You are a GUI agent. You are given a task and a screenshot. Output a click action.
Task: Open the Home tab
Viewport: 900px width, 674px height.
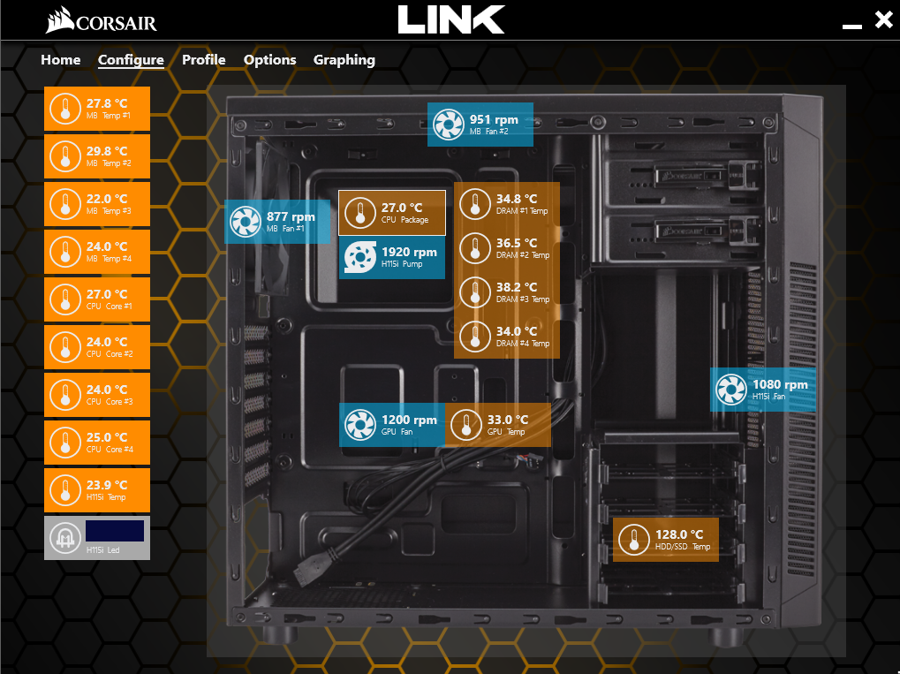[60, 60]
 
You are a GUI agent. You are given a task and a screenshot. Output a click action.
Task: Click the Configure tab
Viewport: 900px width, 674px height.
[131, 60]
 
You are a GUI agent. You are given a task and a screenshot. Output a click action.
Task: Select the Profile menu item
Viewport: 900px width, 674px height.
[203, 60]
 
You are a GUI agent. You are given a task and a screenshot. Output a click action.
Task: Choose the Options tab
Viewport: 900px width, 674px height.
[269, 60]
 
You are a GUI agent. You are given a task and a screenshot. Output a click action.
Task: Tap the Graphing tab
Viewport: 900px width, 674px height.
[344, 60]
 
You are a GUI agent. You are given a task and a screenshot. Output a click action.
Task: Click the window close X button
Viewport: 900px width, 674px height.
[883, 20]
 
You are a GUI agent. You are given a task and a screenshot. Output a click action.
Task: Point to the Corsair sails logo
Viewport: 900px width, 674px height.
[60, 19]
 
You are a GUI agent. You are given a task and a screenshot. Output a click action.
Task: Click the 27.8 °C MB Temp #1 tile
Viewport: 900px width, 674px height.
[97, 109]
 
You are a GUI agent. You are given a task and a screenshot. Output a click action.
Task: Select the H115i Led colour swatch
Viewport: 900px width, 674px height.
[115, 531]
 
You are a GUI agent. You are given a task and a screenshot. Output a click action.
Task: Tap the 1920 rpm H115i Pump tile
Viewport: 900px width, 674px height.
[392, 257]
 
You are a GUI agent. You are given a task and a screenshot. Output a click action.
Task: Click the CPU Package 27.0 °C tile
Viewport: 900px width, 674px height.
[392, 213]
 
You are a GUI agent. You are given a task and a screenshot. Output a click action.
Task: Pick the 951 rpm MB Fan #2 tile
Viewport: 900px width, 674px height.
[480, 125]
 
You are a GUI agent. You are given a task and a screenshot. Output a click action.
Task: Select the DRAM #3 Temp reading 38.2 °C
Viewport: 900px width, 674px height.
[507, 292]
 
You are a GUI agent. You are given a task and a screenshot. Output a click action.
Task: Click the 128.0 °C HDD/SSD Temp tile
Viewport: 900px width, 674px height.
[665, 539]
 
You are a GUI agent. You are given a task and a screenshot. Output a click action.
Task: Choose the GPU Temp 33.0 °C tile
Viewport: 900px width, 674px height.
[498, 425]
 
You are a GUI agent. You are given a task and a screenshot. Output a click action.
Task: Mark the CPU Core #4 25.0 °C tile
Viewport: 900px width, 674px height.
[97, 443]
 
